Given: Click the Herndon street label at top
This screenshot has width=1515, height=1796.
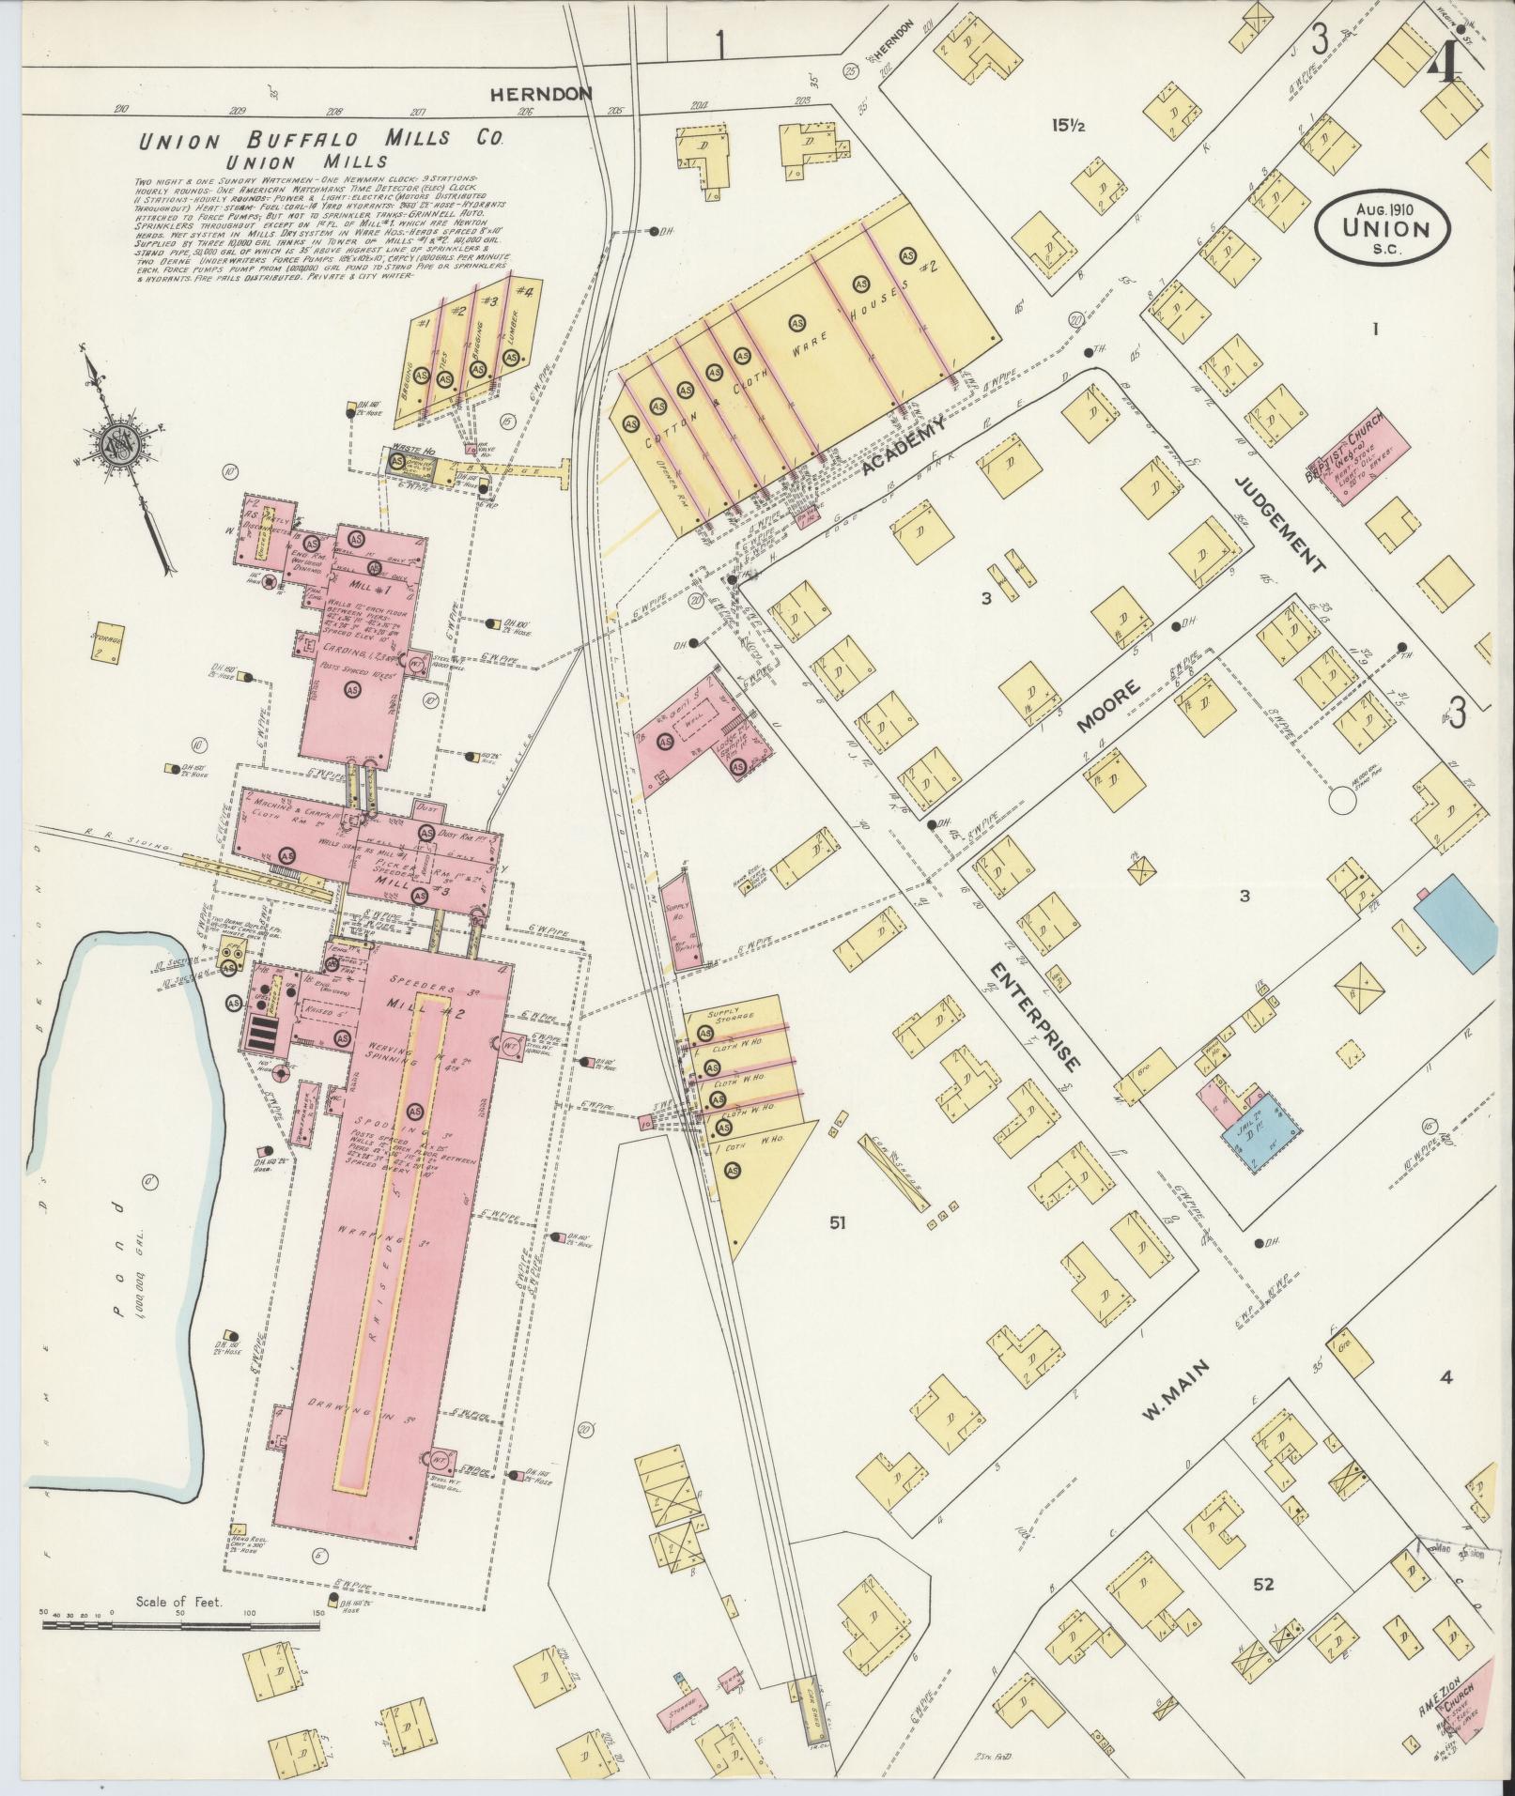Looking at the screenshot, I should pos(542,94).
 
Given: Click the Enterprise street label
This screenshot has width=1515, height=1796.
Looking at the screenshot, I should pos(1033,1016).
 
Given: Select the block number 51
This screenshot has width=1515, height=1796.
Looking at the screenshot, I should pos(838,1221).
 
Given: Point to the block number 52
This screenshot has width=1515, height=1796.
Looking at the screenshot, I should pos(1263,1584).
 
